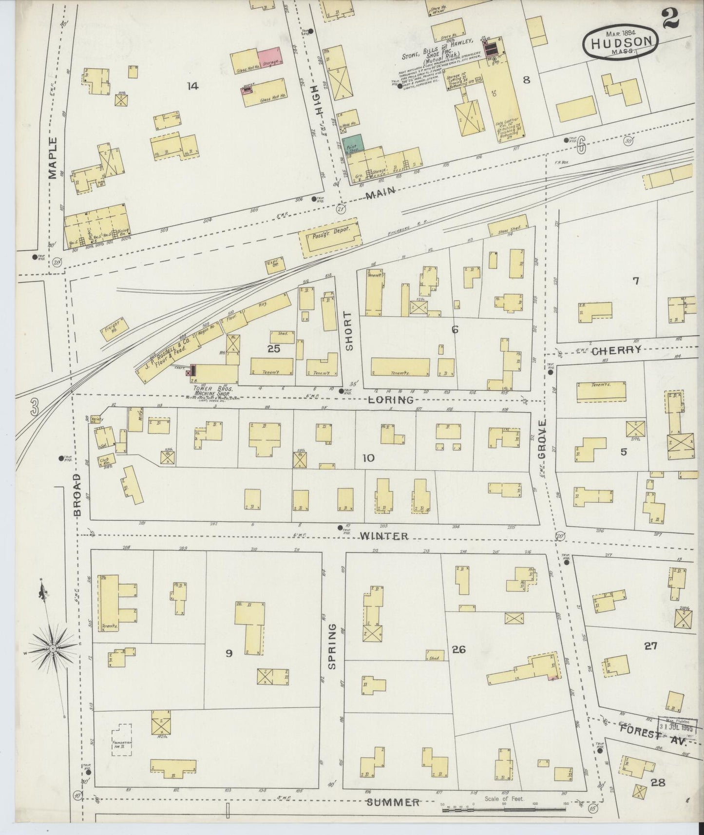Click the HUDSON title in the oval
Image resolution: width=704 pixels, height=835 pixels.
pyautogui.click(x=621, y=42)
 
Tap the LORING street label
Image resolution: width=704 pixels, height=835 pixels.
pyautogui.click(x=397, y=400)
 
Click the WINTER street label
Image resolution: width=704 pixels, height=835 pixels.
pyautogui.click(x=384, y=536)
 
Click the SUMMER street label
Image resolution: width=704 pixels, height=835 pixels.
pyautogui.click(x=393, y=802)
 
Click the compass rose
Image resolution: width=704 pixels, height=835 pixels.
pyautogui.click(x=52, y=649)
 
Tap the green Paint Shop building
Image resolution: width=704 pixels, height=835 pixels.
pyautogui.click(x=355, y=143)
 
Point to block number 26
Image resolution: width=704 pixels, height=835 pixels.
pyautogui.click(x=459, y=649)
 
